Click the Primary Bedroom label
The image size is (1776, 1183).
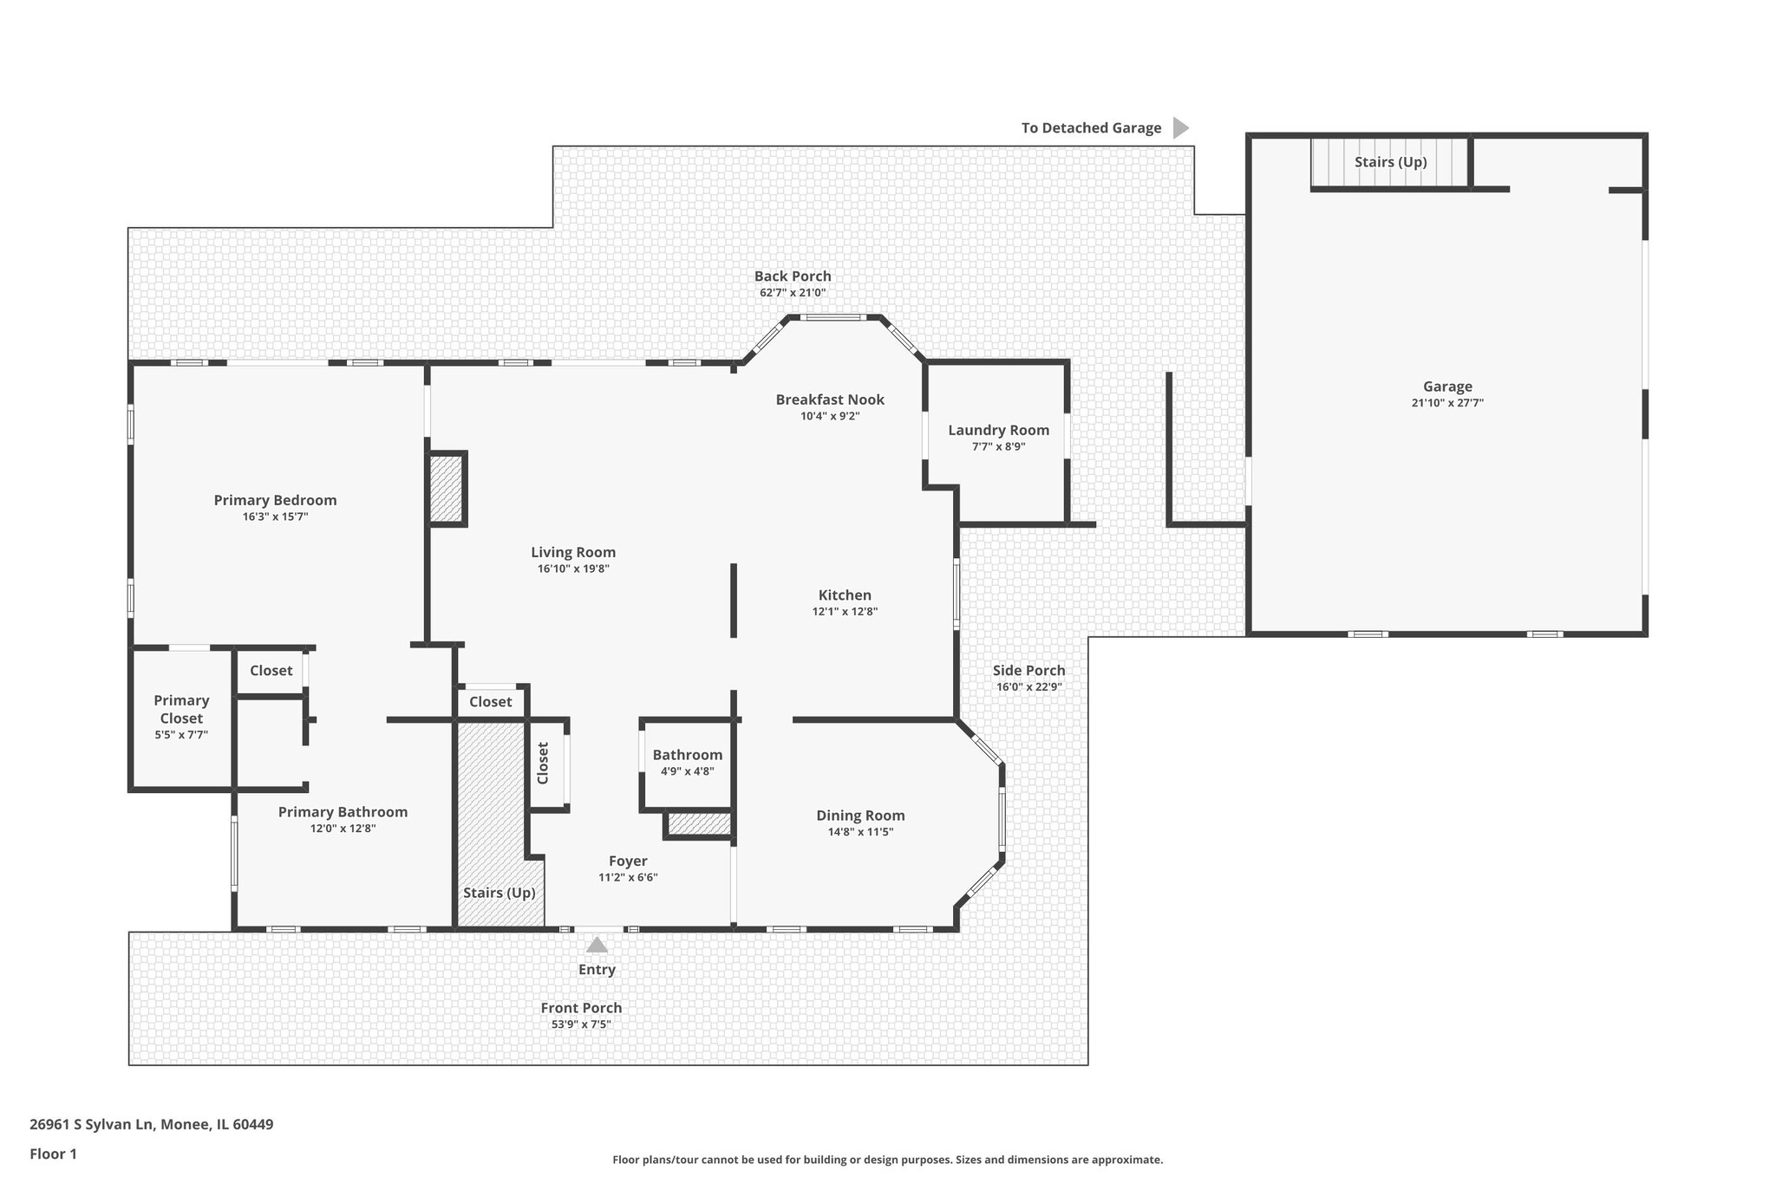pos(275,500)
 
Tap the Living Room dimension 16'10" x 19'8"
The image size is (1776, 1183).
pos(573,569)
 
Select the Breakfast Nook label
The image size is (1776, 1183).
pos(829,400)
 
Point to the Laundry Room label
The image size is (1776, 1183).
pos(998,430)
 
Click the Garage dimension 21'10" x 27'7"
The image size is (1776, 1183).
pos(1446,403)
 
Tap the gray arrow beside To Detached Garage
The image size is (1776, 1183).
pos(1179,128)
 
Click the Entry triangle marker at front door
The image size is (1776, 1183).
pos(597,945)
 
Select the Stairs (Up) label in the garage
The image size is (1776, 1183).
pos(1390,162)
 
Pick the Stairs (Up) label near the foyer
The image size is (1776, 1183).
pos(499,893)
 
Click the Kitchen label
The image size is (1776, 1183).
pos(845,595)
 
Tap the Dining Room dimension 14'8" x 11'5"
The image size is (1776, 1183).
pos(859,832)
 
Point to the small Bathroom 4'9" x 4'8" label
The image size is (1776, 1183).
pos(687,755)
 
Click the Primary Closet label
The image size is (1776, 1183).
pos(181,709)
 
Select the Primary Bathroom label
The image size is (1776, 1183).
pos(343,812)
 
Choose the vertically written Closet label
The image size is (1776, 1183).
pos(543,763)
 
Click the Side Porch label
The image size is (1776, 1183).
pos(1028,670)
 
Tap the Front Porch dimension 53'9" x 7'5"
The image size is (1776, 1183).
pos(581,1024)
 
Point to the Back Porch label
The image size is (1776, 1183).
pos(792,276)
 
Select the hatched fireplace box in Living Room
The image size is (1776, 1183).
pos(447,489)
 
